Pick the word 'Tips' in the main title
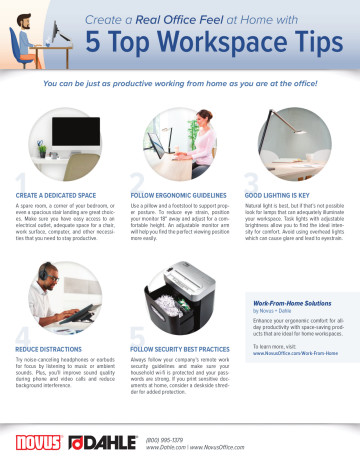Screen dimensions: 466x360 point(311,43)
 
